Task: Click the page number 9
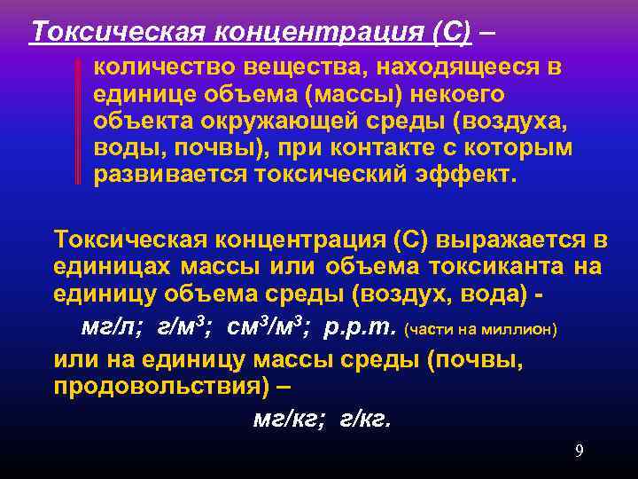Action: point(579,452)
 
